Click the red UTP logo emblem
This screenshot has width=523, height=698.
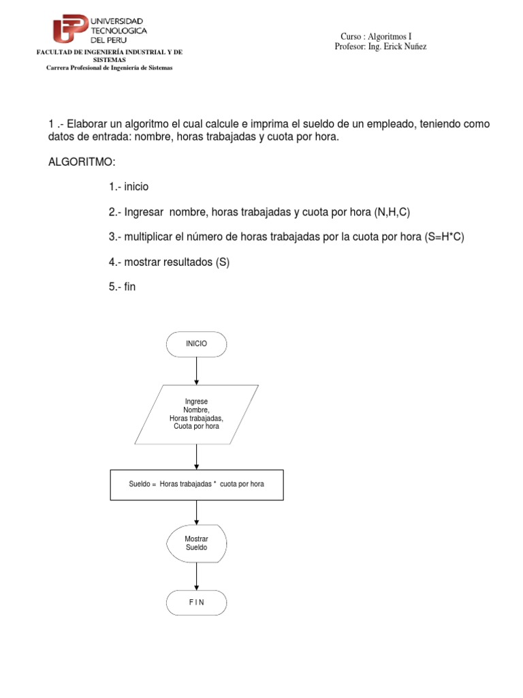pos(71,29)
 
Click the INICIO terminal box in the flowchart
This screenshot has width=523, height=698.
pos(196,344)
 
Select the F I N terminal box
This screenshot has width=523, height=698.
pos(196,602)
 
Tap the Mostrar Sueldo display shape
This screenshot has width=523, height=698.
pos(196,543)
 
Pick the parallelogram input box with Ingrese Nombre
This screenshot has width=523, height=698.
pos(196,414)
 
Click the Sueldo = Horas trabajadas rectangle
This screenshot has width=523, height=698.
pos(196,484)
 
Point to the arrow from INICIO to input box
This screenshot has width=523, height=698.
pos(196,371)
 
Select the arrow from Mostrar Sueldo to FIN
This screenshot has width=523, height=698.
pos(196,576)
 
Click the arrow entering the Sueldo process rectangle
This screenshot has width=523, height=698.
pos(196,457)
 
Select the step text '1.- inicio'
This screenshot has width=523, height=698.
pos(128,187)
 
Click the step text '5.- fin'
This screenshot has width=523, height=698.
pos(122,287)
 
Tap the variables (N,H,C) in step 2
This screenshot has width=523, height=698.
pos(392,212)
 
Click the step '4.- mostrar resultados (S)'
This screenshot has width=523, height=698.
pos(169,262)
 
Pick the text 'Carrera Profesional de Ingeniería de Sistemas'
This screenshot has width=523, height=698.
pos(109,67)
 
